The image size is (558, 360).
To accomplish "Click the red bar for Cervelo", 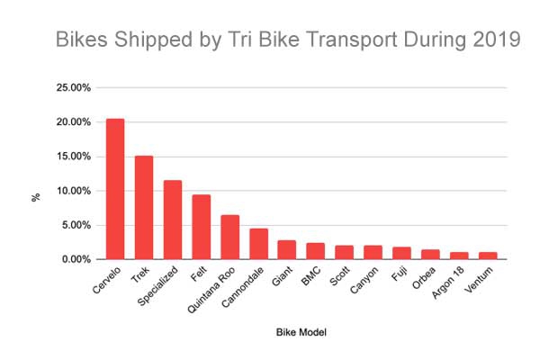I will click(115, 189).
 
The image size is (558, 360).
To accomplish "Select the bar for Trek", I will click(144, 208).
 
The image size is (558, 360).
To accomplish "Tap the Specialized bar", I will click(172, 220).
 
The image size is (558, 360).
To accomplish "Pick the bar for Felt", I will click(201, 227).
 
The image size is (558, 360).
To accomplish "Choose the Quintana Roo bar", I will click(229, 237).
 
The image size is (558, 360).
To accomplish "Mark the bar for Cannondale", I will click(258, 244).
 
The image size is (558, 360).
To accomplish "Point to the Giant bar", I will click(286, 250).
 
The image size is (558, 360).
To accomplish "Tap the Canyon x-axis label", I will click(365, 280).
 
